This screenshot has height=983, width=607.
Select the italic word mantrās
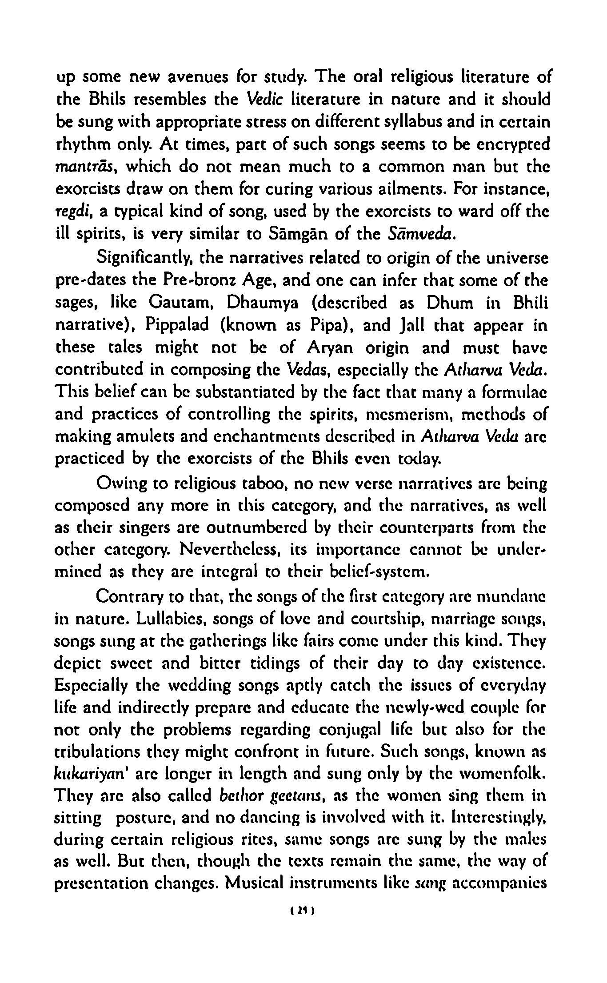(85, 168)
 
